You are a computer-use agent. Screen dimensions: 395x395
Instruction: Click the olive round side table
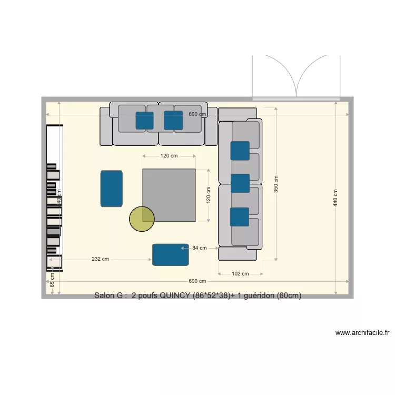pyautogui.click(x=142, y=219)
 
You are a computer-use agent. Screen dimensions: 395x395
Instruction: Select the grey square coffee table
pyautogui.click(x=169, y=195)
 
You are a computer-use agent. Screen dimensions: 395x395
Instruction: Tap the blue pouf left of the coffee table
pyautogui.click(x=112, y=188)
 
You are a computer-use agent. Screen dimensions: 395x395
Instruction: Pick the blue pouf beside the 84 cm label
pyautogui.click(x=171, y=254)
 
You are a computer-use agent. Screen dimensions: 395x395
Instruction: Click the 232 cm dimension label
pyautogui.click(x=100, y=259)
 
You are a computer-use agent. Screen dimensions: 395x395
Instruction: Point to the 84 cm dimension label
pyautogui.click(x=199, y=248)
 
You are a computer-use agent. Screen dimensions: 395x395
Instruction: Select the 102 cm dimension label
pyautogui.click(x=240, y=274)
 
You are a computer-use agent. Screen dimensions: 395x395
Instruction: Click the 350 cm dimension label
pyautogui.click(x=276, y=183)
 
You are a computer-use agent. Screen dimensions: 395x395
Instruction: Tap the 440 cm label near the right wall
pyautogui.click(x=336, y=198)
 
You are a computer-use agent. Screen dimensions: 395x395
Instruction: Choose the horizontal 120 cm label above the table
pyautogui.click(x=169, y=156)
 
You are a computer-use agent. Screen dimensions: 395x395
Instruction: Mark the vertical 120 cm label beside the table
pyautogui.click(x=208, y=195)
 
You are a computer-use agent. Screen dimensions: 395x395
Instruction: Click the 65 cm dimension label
pyautogui.click(x=52, y=280)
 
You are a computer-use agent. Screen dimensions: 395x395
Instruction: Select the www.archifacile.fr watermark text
pyautogui.click(x=362, y=333)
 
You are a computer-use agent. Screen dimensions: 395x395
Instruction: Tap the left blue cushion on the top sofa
pyautogui.click(x=145, y=120)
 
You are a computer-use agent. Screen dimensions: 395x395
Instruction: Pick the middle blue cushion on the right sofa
pyautogui.click(x=240, y=183)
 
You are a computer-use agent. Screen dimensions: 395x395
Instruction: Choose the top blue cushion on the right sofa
pyautogui.click(x=240, y=151)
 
